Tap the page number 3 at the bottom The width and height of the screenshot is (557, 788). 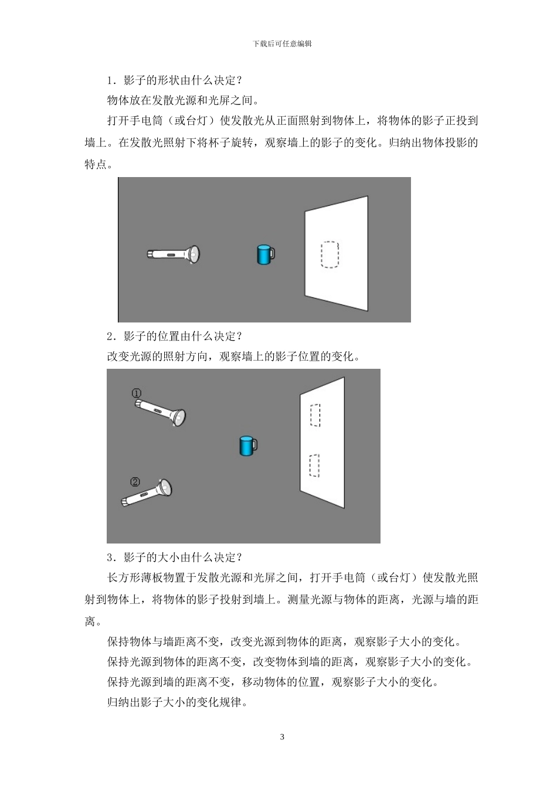tap(282, 736)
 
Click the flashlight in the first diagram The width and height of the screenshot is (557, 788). tap(174, 254)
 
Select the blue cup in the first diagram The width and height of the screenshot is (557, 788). tap(264, 254)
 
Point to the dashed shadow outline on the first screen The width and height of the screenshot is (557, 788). tap(330, 254)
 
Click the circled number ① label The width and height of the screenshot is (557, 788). tap(136, 393)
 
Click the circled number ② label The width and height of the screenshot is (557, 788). tap(135, 482)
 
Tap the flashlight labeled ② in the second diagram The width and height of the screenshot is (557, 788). tap(147, 494)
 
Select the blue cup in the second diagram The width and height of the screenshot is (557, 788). tap(247, 446)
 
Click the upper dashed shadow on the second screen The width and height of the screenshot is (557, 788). tap(315, 415)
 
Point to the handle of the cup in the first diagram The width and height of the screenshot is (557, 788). tap(272, 254)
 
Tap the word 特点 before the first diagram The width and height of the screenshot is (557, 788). tap(96, 165)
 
